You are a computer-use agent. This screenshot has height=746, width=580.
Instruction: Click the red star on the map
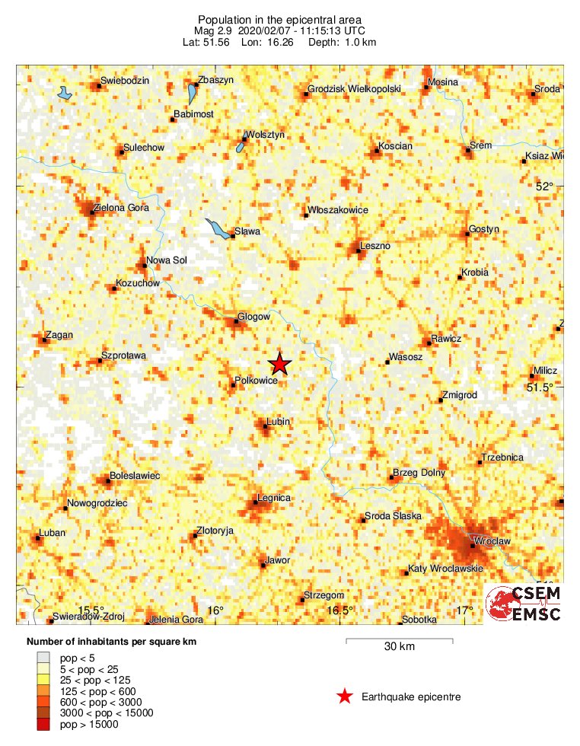(x=280, y=364)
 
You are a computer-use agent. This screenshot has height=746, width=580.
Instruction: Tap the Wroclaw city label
(x=491, y=541)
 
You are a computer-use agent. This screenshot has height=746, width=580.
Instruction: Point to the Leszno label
(x=375, y=246)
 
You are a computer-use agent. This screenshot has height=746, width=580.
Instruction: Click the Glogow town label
(x=254, y=317)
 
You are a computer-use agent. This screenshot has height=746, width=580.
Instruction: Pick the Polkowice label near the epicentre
(x=256, y=380)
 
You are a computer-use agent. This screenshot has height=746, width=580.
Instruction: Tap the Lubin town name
(x=279, y=421)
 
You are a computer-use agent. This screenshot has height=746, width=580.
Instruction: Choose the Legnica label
(x=274, y=498)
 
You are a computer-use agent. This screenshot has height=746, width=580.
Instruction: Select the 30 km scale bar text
(x=398, y=647)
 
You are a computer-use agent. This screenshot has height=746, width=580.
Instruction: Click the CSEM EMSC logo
(x=523, y=604)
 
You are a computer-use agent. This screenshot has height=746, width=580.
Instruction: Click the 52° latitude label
(x=544, y=186)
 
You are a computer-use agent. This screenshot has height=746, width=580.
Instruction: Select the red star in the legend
(x=345, y=696)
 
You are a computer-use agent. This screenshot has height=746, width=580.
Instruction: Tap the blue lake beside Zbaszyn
(x=192, y=95)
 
